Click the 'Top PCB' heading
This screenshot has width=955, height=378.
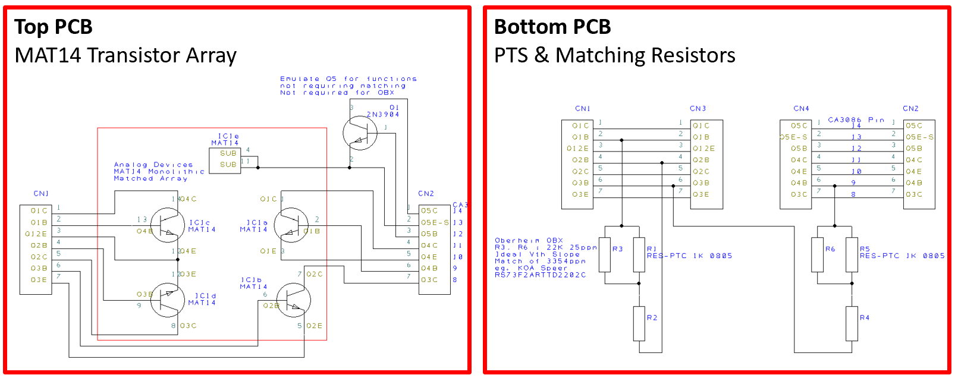pos(54,27)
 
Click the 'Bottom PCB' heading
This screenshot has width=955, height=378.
pos(552,27)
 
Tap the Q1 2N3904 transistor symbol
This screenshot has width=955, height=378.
pos(360,133)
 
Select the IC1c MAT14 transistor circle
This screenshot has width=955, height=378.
pos(167,225)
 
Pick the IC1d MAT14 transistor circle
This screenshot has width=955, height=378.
pos(167,300)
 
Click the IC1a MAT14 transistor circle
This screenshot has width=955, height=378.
pos(291,225)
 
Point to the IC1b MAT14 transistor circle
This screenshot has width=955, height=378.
pos(293,300)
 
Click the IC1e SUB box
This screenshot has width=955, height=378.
pos(225,159)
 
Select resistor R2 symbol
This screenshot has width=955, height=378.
pos(639,323)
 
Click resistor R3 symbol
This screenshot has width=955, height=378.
pos(605,254)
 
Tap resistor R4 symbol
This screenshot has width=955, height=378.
pos(852,323)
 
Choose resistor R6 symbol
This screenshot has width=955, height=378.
pos(817,254)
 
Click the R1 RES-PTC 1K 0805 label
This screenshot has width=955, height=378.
pos(689,256)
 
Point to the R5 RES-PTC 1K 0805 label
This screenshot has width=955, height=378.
pos(901,256)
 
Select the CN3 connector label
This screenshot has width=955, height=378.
pos(698,109)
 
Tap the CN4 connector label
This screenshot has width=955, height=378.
pos(801,109)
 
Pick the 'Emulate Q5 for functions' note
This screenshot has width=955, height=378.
pos(348,78)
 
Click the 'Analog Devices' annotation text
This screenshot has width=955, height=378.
pos(153,165)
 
